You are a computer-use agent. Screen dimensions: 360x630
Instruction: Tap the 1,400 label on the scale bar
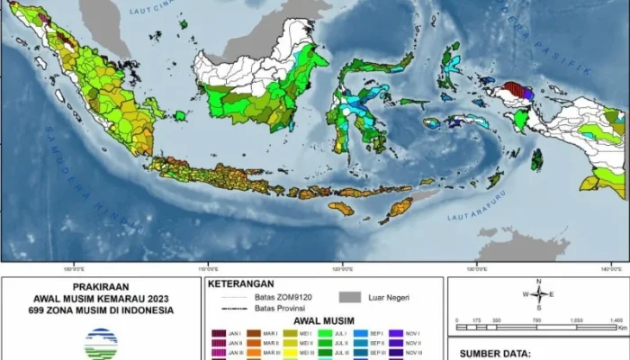616,319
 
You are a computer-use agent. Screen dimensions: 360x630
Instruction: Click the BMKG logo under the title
99,343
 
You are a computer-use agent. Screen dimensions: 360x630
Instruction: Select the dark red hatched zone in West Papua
514,89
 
